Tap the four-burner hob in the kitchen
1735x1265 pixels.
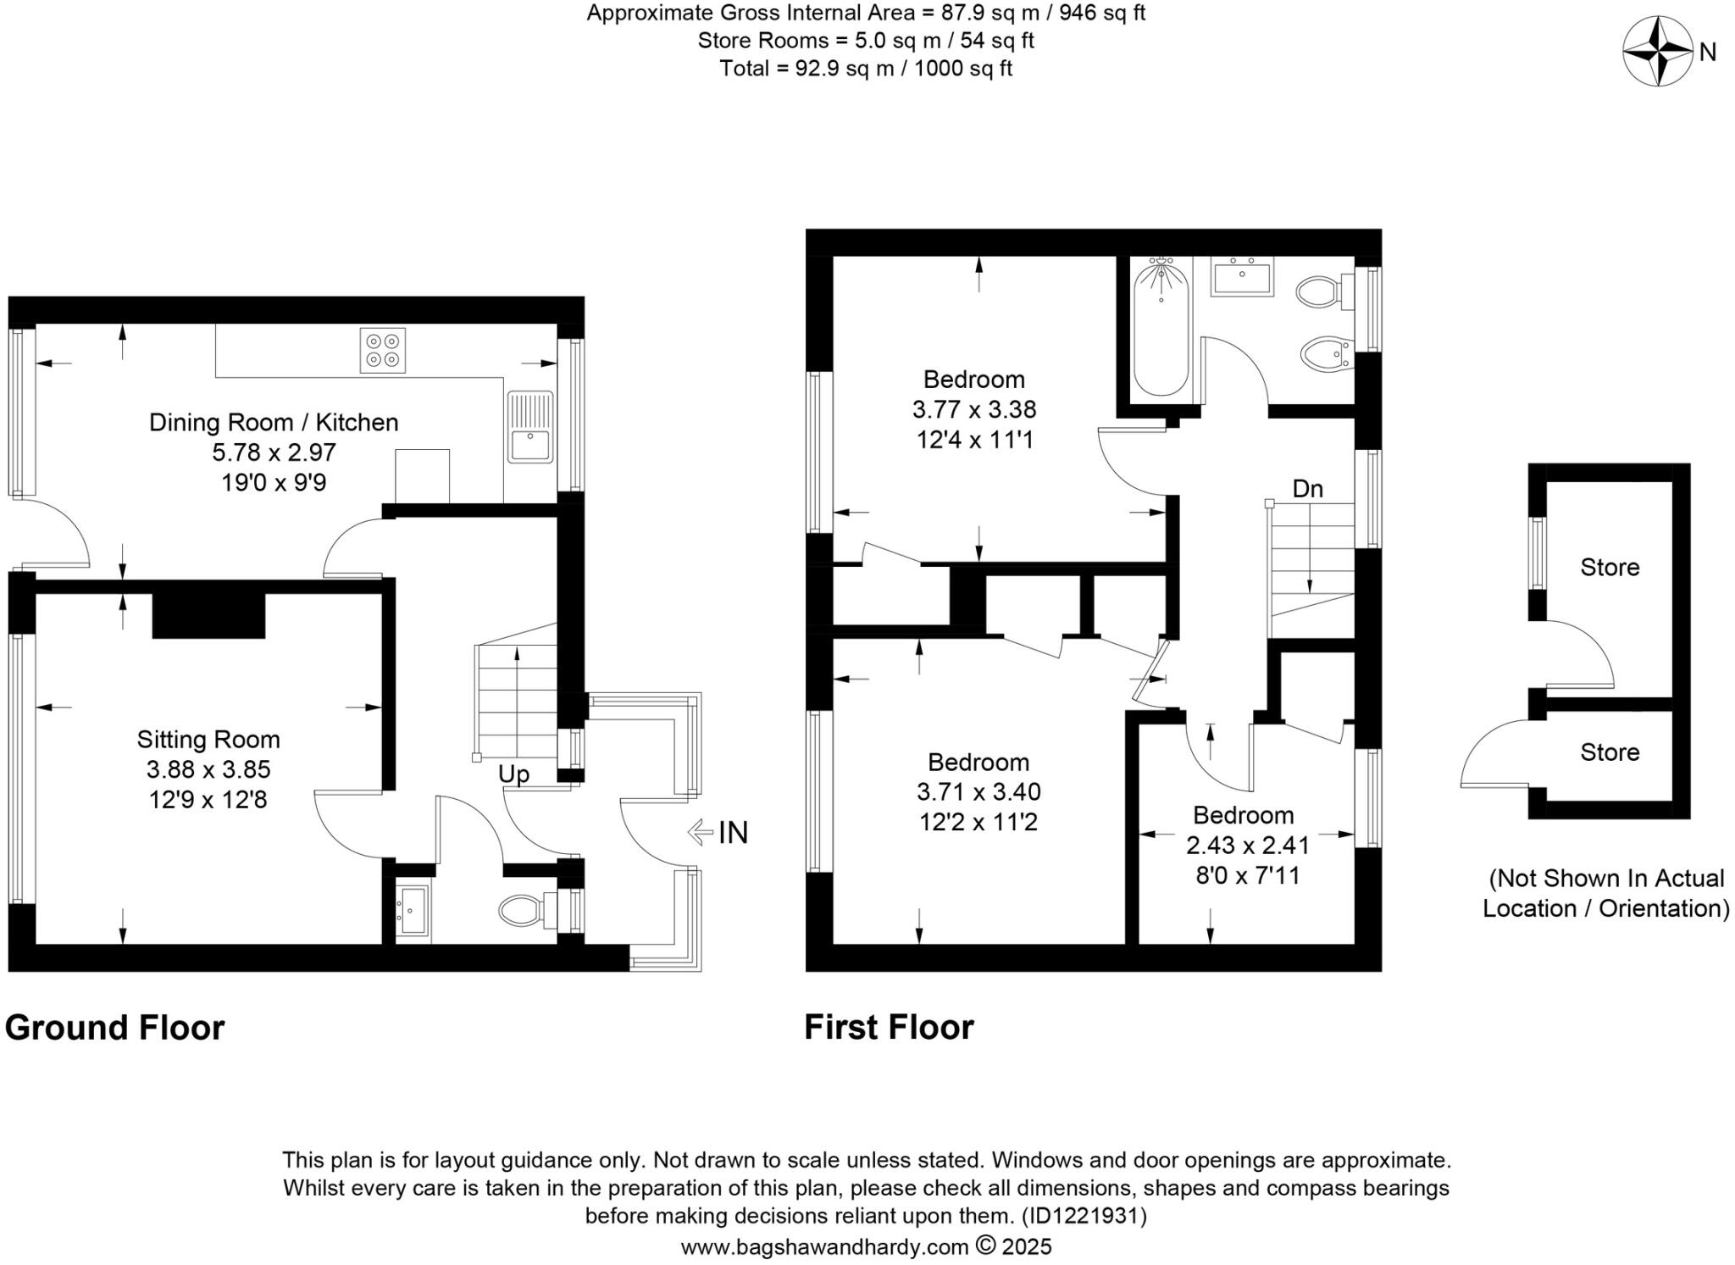point(382,351)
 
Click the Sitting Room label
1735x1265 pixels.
point(208,740)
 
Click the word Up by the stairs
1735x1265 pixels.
point(513,774)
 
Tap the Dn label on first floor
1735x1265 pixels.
point(1307,489)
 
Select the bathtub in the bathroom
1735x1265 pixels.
point(1161,330)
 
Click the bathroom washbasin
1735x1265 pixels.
point(1242,278)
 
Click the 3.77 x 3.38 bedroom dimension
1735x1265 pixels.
point(973,409)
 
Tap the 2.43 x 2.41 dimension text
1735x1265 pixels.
point(1247,845)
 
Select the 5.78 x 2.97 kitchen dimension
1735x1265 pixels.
point(274,452)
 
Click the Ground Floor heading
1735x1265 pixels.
point(115,1027)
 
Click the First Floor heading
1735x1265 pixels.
point(889,1027)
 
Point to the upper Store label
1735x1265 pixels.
point(1609,567)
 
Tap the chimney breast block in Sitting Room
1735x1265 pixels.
point(208,614)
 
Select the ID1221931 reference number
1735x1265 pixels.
point(1084,1216)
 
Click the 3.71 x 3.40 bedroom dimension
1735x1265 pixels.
point(978,792)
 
